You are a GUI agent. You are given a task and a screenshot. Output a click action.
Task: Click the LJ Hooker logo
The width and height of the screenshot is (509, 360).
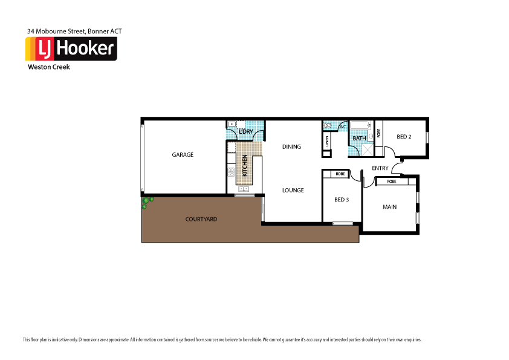coord(71,48)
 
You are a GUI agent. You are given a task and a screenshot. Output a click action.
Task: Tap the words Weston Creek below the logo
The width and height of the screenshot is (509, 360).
coord(49,67)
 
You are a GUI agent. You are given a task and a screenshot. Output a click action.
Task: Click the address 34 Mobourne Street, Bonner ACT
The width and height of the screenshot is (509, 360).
coord(75,30)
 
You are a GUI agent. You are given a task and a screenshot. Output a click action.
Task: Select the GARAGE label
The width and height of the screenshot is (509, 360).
coord(183,155)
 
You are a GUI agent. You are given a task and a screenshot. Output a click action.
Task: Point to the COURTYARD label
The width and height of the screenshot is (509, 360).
coord(201,219)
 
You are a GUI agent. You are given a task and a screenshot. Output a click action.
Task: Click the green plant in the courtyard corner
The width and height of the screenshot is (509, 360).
coord(147,201)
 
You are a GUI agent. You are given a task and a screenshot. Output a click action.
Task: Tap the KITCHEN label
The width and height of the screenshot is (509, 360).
coord(245,165)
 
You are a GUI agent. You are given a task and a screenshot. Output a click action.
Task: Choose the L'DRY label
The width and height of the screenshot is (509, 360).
coord(245,131)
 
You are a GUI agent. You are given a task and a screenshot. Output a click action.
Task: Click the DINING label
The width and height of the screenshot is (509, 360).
coord(291,147)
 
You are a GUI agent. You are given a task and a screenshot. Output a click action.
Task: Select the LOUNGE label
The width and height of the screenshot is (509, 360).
coord(293,190)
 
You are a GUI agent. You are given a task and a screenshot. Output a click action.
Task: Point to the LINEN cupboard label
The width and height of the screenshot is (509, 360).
coord(327,141)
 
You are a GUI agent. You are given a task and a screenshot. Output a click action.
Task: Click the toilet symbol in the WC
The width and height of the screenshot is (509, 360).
coord(328,126)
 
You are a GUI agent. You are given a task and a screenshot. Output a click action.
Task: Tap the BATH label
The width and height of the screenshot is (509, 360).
coord(359,138)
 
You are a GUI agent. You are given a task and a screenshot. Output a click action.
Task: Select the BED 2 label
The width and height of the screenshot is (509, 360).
coord(404,137)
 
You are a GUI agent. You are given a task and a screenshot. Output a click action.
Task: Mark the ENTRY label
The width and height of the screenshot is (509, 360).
coord(380,168)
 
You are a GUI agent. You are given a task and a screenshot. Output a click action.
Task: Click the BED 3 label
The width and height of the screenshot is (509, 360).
coord(342,200)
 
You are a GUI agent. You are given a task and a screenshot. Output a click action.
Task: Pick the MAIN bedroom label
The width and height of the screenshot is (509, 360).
coord(390,207)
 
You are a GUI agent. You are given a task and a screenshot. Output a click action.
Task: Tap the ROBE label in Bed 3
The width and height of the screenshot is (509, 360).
coord(340,174)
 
